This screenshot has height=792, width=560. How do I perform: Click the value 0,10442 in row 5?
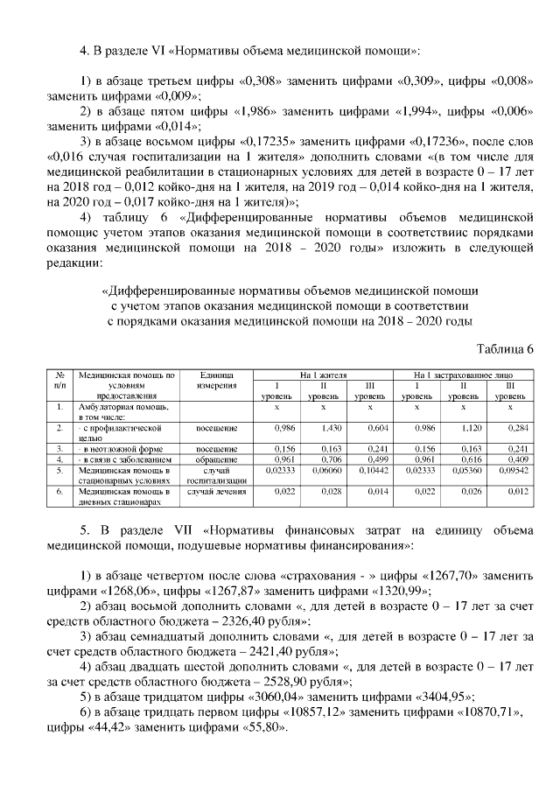pyautogui.click(x=369, y=469)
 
